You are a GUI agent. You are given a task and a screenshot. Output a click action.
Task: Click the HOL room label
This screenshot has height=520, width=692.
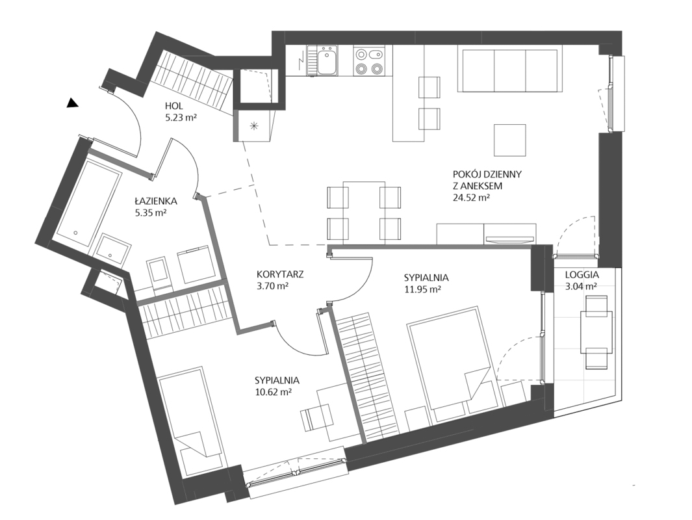(174, 106)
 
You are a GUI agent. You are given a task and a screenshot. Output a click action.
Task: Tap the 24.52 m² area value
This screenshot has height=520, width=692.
(471, 198)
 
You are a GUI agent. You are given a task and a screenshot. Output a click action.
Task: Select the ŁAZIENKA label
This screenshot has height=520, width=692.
(156, 201)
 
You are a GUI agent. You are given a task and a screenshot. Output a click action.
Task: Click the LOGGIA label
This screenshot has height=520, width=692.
(582, 274)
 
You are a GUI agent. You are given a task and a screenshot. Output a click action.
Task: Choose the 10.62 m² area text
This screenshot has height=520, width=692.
(273, 392)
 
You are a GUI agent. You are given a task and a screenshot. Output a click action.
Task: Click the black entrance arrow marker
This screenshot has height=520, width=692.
(72, 103)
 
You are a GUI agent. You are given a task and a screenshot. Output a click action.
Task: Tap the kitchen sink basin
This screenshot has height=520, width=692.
(327, 61)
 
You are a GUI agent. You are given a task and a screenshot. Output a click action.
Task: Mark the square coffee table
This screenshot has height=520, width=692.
(509, 140)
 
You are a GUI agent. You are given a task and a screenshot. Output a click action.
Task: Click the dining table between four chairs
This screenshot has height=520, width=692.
(364, 213)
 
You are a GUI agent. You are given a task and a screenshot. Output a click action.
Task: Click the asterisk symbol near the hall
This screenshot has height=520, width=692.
(254, 126)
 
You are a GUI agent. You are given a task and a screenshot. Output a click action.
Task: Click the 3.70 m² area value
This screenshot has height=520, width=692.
(272, 285)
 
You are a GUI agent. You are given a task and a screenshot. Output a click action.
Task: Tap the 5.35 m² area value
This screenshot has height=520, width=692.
(151, 213)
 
